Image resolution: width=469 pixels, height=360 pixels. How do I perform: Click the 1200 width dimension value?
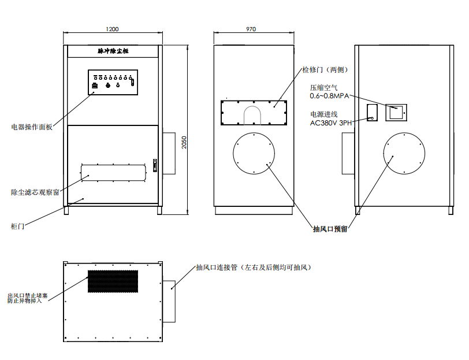[112, 29]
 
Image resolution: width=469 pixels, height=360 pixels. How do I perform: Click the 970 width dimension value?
[251, 29]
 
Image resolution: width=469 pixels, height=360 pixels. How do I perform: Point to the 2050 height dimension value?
[184, 143]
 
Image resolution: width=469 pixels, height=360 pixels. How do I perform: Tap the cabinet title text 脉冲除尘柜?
[113, 51]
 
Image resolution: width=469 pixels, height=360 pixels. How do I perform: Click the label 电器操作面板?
[32, 127]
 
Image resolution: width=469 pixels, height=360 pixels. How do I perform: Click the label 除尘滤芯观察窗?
[35, 192]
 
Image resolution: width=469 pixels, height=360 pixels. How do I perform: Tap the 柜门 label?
[17, 227]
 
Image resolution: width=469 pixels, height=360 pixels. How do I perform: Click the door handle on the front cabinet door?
[155, 165]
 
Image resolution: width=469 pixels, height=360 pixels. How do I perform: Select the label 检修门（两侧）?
[325, 70]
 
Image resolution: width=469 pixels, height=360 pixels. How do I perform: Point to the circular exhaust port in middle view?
[254, 133]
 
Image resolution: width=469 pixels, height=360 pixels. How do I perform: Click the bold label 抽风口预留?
[330, 229]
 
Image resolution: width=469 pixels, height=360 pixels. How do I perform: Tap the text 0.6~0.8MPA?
[329, 96]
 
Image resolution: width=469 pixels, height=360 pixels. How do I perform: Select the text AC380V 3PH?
[331, 123]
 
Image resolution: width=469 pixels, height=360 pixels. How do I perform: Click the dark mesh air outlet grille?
[113, 281]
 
